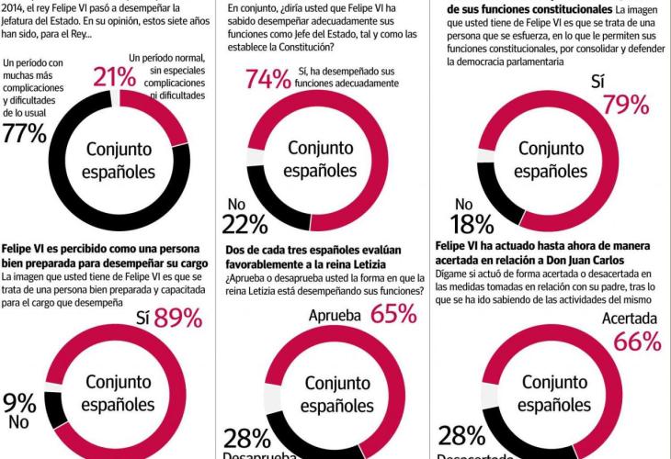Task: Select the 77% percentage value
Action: coord(24,133)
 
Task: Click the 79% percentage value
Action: coord(626,105)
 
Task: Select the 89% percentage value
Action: coord(178,318)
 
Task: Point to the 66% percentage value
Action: coord(638,341)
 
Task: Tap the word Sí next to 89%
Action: coord(142,319)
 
